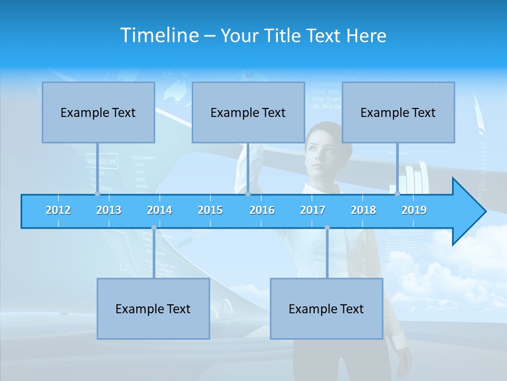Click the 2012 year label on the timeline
point(58,210)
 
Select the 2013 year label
point(109,210)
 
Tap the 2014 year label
point(159,210)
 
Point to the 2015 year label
point(210,210)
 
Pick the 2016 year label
point(262,210)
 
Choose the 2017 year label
point(313,210)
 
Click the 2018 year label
point(363,210)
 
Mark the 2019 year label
point(414,210)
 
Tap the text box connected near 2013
point(98,112)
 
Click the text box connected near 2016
point(248,112)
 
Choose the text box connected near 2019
point(398,112)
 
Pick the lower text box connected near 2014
point(153,309)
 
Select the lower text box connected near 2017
point(326,309)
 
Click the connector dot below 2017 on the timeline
point(327,228)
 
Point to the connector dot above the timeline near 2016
point(248,194)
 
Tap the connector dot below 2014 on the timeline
point(154,228)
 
